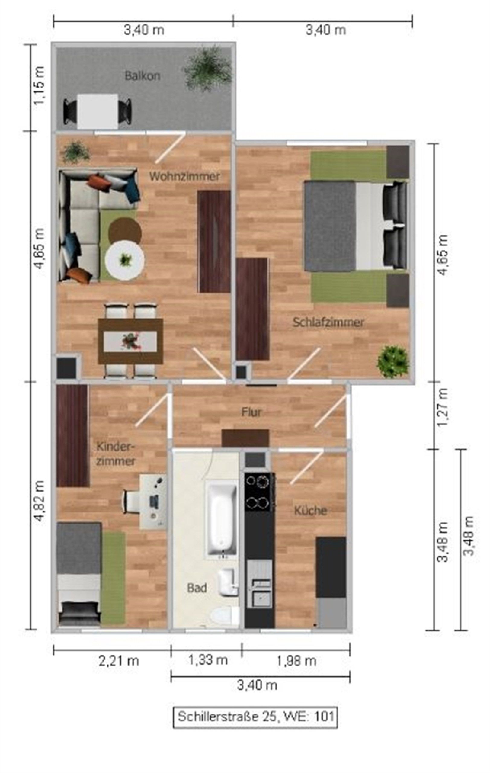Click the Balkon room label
point(142,76)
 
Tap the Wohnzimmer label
point(184,176)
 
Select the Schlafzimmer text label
point(328,322)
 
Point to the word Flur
point(251,412)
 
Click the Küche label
point(310,510)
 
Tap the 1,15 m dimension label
point(39,86)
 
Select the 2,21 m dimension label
point(119,661)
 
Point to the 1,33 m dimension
point(208,660)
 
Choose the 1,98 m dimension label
point(296,661)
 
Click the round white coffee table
point(124,261)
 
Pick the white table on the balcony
point(98,111)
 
